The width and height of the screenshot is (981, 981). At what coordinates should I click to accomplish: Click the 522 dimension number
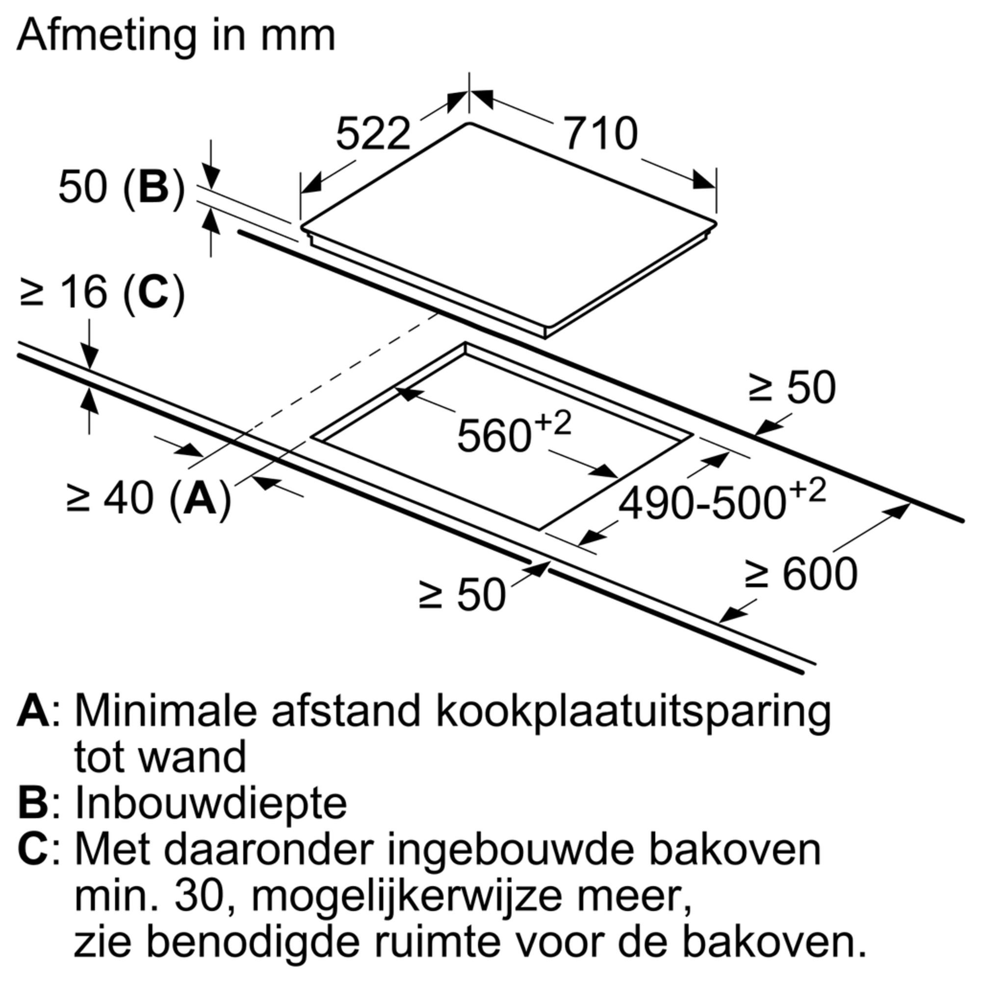pyautogui.click(x=373, y=133)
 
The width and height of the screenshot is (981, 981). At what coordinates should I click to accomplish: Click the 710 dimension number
pyautogui.click(x=601, y=133)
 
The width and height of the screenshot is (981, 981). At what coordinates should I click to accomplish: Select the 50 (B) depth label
pyautogui.click(x=122, y=187)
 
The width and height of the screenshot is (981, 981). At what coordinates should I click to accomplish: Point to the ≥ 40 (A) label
pyautogui.click(x=149, y=499)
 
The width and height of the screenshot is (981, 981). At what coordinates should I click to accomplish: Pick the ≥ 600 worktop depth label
pyautogui.click(x=801, y=574)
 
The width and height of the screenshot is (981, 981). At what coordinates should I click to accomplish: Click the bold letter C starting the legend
pyautogui.click(x=34, y=851)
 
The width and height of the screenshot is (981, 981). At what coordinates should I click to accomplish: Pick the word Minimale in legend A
pyautogui.click(x=165, y=711)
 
